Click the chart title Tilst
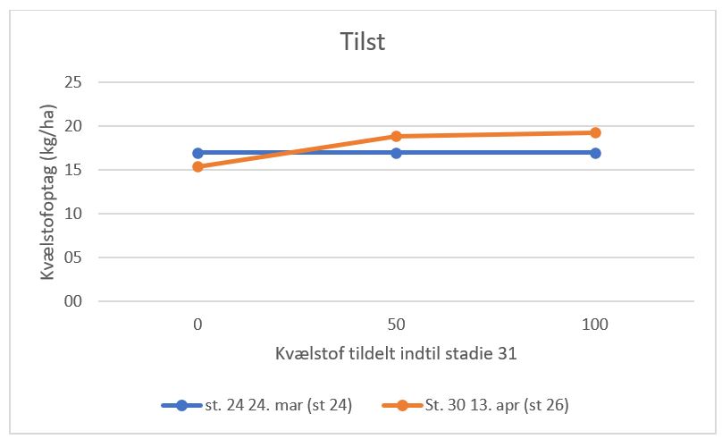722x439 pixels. coord(363,42)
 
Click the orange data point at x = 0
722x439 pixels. coord(197,166)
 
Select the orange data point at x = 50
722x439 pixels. coord(396,136)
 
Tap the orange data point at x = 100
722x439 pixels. coord(595,132)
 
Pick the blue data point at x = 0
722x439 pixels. coord(197,153)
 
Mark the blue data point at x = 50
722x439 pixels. coord(396,153)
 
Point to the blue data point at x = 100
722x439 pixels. coord(595,153)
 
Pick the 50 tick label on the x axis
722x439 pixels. coord(396,325)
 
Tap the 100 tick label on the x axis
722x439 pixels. coord(595,325)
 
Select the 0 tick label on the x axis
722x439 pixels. coord(197,325)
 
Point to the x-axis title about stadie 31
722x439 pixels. coord(396,353)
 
